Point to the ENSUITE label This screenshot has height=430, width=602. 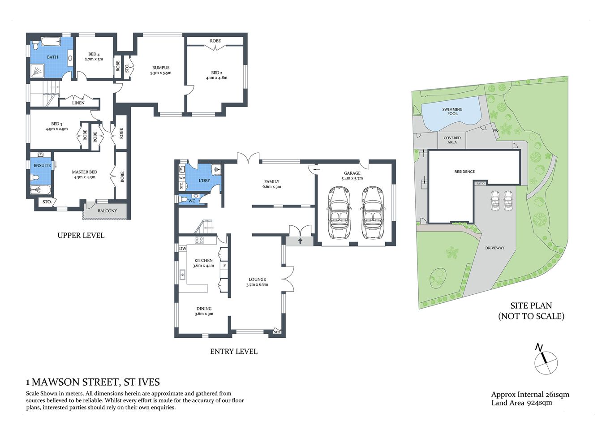pyautogui.click(x=42, y=165)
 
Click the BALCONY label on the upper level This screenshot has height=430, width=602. pyautogui.click(x=107, y=211)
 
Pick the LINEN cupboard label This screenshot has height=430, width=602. pyautogui.click(x=78, y=103)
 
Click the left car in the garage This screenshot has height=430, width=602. pyautogui.click(x=340, y=213)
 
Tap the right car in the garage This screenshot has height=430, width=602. pyautogui.click(x=373, y=213)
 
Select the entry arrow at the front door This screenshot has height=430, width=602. pyautogui.click(x=300, y=241)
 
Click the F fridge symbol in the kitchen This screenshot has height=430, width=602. pyautogui.click(x=224, y=266)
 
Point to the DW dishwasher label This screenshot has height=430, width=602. pyautogui.click(x=183, y=249)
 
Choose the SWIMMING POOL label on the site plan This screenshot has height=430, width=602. pyautogui.click(x=452, y=112)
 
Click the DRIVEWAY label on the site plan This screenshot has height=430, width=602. pyautogui.click(x=494, y=248)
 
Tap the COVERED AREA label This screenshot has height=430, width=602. pyautogui.click(x=452, y=140)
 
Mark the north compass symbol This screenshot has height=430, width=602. pyautogui.click(x=546, y=361)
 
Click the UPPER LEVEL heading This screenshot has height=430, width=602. pyautogui.click(x=81, y=235)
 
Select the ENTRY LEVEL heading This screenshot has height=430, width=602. pyautogui.click(x=234, y=352)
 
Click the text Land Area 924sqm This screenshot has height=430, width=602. pyautogui.click(x=521, y=403)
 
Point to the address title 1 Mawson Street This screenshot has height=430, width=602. pyautogui.click(x=93, y=382)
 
